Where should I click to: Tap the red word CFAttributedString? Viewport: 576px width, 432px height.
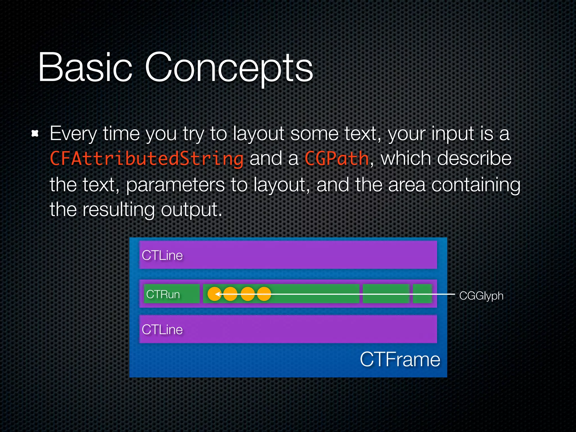[x=146, y=159]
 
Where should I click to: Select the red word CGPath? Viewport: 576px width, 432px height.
[x=337, y=159]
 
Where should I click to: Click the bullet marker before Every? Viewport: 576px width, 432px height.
[x=35, y=134]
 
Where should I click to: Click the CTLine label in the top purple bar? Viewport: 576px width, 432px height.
[x=162, y=255]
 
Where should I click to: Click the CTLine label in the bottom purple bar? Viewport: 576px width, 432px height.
[x=162, y=329]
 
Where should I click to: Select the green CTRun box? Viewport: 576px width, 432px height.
[x=172, y=294]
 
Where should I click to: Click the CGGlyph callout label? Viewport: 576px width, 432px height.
[x=481, y=296]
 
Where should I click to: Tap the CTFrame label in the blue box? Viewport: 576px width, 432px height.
[x=400, y=359]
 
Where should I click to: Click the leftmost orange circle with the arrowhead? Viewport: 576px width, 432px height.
[x=214, y=294]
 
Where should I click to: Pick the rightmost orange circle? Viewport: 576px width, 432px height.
[x=264, y=294]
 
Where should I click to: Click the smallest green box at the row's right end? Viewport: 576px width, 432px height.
[x=422, y=294]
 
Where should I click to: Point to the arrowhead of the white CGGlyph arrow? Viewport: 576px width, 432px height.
[x=217, y=294]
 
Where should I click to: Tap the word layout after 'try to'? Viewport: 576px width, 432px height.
[x=258, y=134]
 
